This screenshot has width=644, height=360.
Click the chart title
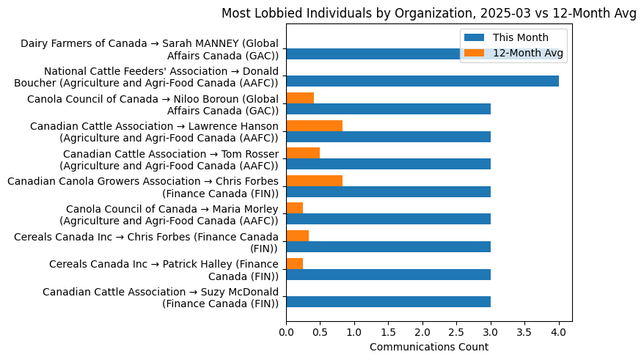pos(428,13)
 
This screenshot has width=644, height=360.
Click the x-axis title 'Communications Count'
pos(428,347)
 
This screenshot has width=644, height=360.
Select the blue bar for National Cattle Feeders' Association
pos(422,81)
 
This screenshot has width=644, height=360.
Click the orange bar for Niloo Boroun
pos(300,98)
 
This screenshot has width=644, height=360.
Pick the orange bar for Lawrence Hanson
pos(314,125)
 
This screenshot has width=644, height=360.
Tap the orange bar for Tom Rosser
pos(303,153)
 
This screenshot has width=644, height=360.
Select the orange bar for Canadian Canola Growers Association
pos(314,180)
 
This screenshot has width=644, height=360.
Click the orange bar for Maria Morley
pos(294,208)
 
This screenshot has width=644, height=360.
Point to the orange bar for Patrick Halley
pos(294,263)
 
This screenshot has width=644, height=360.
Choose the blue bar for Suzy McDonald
pos(388,301)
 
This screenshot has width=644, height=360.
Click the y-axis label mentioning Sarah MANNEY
pos(150,49)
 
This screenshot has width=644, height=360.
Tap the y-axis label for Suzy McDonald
pos(161,298)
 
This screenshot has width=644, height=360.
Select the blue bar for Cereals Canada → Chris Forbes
pos(388,246)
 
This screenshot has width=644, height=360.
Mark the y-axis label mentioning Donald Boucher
pos(146,77)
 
